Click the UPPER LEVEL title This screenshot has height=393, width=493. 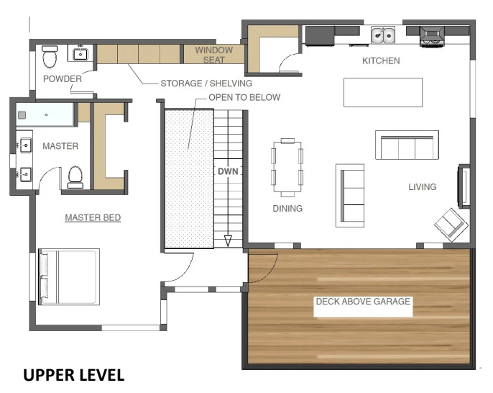pos(75,375)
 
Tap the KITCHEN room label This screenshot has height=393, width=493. pos(381,61)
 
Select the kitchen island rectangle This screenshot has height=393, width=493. pos(382,92)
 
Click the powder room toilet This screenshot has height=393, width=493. pos(50,55)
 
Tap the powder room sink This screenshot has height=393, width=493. pos(79,53)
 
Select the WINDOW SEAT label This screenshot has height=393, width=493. pos(214,55)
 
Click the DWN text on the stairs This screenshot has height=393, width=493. pos(229,172)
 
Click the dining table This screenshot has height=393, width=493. pos(287,167)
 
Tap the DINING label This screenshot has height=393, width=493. pos(287,209)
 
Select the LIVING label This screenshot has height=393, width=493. pos(423,187)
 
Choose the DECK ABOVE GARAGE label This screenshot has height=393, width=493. pos(363,302)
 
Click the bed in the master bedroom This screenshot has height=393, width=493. pos(70,276)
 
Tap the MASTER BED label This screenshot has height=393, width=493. pos(93,217)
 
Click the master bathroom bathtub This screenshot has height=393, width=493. pos(45,114)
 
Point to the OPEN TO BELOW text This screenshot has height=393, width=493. pos(244,97)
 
